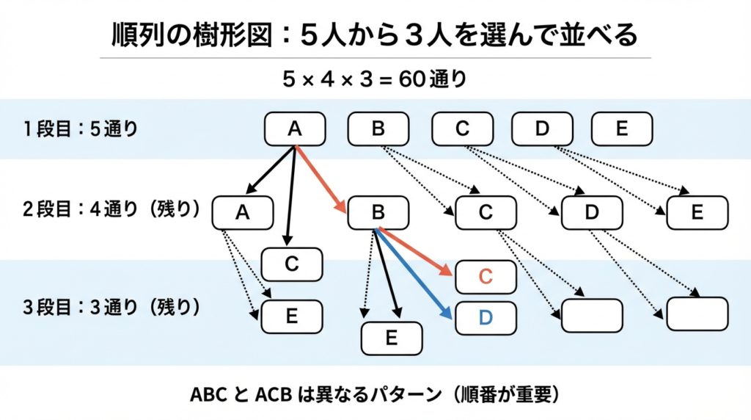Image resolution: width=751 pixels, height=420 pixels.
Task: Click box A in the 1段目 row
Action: (294, 128)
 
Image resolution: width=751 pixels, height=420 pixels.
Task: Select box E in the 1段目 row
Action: (621, 128)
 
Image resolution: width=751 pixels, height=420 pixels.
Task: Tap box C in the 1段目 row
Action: (461, 128)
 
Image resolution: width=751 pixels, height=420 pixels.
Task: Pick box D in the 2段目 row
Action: (592, 212)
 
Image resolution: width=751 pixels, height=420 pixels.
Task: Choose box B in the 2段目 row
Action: (378, 212)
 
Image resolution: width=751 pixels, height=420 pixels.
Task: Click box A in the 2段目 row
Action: (242, 212)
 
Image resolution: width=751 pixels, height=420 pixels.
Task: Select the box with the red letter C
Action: (486, 276)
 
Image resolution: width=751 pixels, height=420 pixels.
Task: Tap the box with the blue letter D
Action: (486, 317)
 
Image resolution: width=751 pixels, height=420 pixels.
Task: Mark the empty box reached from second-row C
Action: (591, 315)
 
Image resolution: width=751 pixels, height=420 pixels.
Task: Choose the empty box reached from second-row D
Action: (697, 314)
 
